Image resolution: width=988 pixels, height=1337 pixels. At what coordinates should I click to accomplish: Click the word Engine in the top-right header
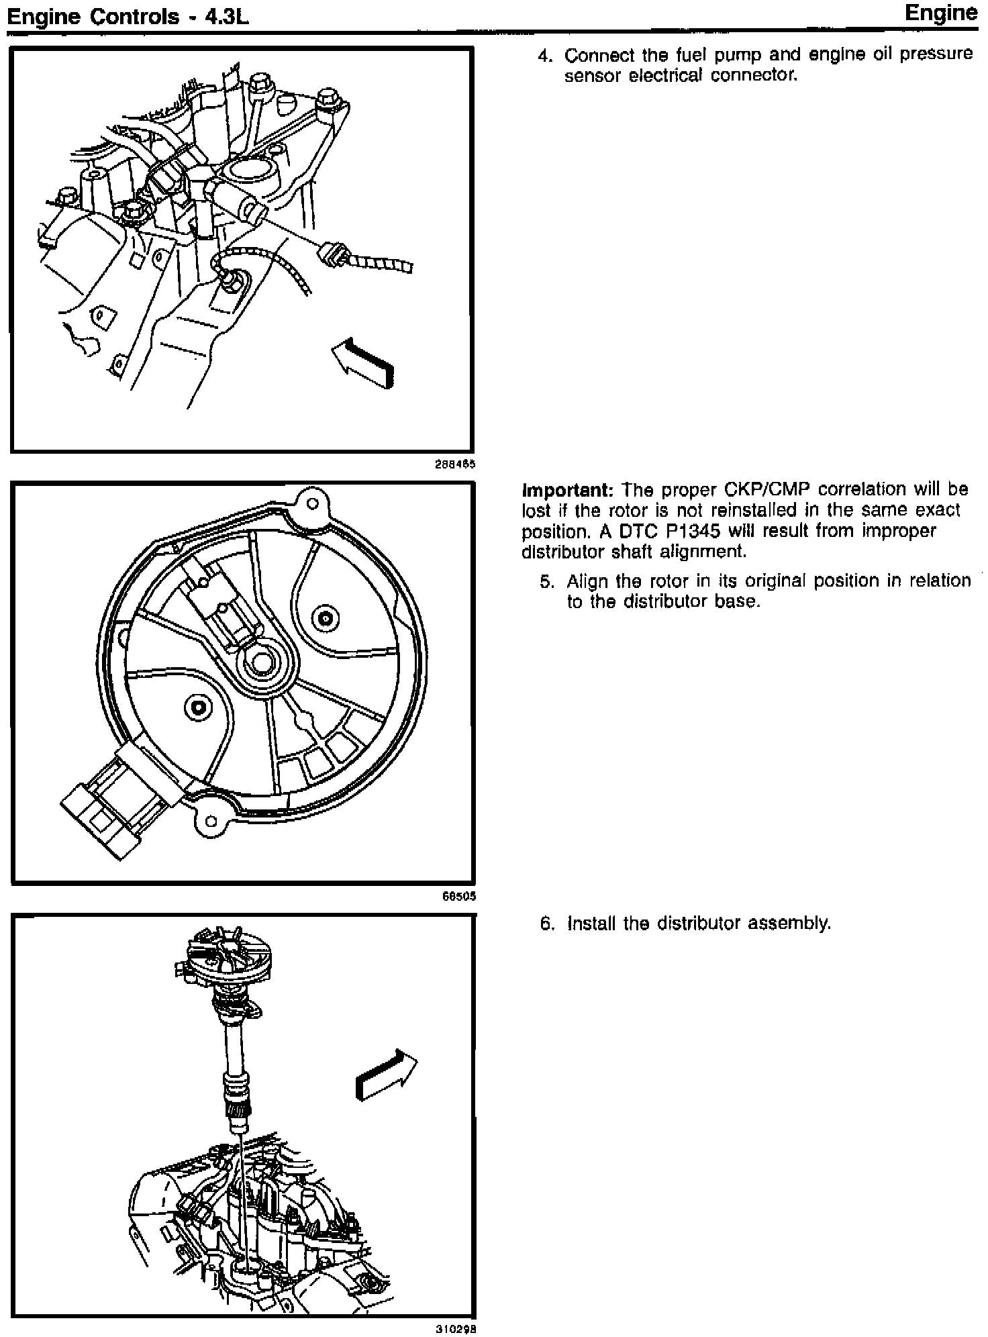[x=941, y=13]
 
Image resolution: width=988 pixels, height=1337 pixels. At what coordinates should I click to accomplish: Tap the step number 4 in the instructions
[x=544, y=55]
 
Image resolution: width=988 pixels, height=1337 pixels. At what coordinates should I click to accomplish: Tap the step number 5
[x=546, y=581]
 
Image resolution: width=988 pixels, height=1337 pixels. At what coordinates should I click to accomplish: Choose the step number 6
[x=546, y=924]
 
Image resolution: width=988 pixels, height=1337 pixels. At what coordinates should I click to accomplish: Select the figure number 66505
[x=460, y=896]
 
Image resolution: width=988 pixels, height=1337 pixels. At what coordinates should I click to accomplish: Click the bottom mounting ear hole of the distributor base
[x=211, y=821]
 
